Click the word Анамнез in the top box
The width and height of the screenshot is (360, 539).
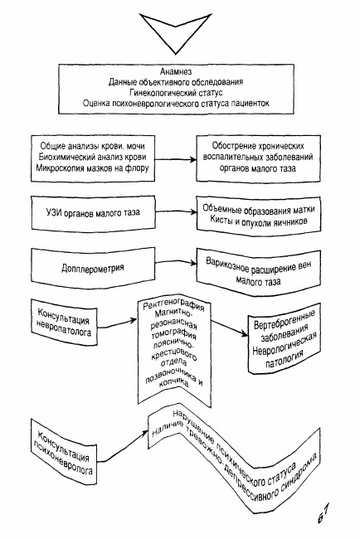tap(176, 71)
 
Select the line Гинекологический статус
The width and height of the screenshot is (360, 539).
tap(176, 93)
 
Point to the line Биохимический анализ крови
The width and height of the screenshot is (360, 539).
tap(93, 157)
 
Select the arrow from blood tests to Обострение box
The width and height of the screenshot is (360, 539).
tap(175, 159)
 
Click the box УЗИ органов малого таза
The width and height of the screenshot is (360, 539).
tap(93, 213)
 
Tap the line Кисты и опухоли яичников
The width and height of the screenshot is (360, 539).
tap(259, 221)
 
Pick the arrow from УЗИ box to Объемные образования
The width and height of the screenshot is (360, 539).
tap(175, 212)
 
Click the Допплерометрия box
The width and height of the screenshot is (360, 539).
tap(93, 268)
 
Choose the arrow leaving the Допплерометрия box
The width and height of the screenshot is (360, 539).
tap(176, 262)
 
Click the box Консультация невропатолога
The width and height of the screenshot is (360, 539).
tap(64, 323)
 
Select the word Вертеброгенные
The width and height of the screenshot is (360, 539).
tap(285, 319)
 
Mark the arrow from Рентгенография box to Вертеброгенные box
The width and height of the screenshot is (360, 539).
tap(229, 328)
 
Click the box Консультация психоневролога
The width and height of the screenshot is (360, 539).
tap(64, 452)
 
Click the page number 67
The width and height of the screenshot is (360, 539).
tap(324, 513)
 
